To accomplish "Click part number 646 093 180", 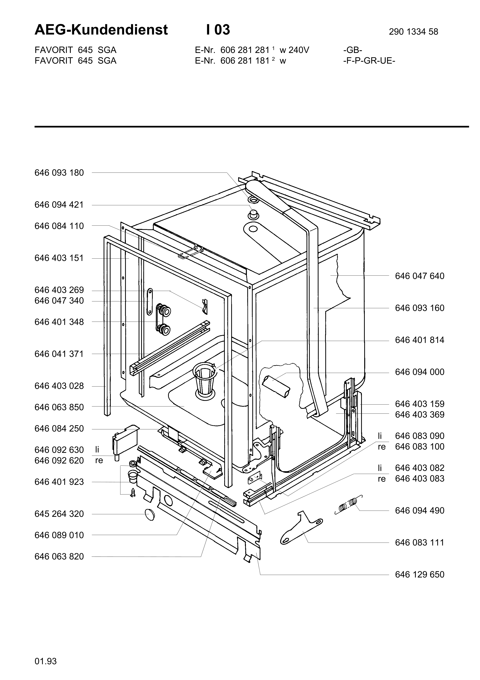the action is [x=59, y=173].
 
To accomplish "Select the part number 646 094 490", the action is [x=420, y=510].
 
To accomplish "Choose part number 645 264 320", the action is [x=59, y=514].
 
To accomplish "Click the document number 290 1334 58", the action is [x=413, y=32].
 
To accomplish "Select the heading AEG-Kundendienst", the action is [x=101, y=30].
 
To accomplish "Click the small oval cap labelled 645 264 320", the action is [x=150, y=515].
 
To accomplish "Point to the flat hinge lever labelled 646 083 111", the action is [x=301, y=528].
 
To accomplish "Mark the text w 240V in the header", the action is [x=294, y=50].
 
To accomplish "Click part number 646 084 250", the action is [x=59, y=429].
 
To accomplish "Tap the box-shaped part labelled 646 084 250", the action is [x=125, y=440].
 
